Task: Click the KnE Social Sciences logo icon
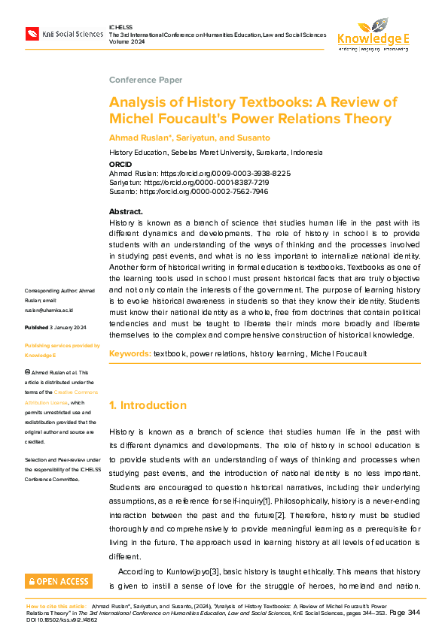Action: point(32,34)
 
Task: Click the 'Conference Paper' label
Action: point(145,80)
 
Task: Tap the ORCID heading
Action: point(120,164)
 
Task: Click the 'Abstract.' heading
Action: point(126,211)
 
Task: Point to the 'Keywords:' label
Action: point(130,353)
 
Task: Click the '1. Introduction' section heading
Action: point(148,405)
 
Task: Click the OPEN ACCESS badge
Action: point(59,581)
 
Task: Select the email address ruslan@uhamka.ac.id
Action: point(49,310)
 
